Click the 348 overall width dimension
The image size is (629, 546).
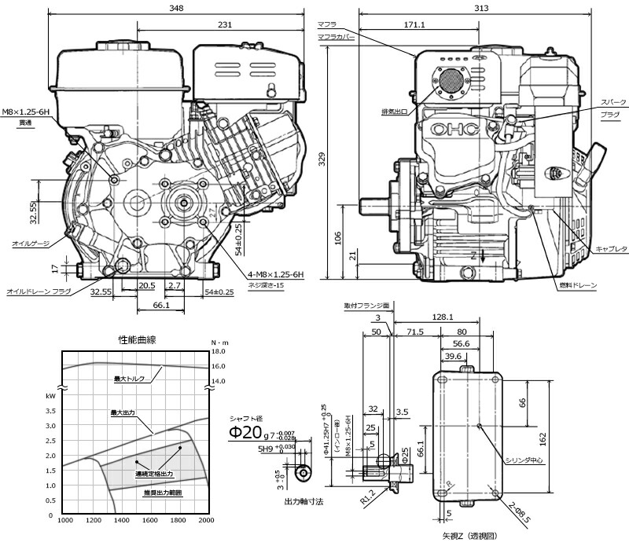[x=176, y=8]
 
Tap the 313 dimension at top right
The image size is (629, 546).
[x=479, y=7]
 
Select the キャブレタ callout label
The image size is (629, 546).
[x=610, y=249]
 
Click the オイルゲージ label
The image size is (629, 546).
[x=31, y=243]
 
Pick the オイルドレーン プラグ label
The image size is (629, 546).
[x=39, y=291]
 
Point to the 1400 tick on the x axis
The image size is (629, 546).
[x=122, y=521]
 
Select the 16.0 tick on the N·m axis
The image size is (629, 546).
[x=219, y=366]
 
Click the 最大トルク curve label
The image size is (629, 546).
[x=130, y=379]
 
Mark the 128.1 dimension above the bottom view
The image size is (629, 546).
[x=443, y=317]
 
